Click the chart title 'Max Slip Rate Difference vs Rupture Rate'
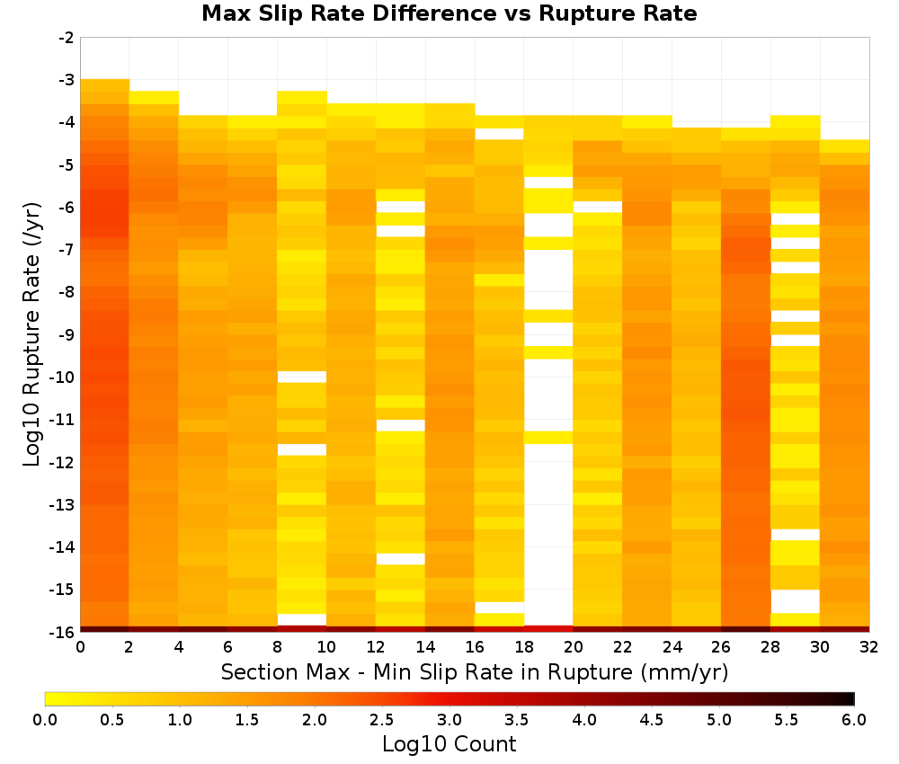(x=449, y=13)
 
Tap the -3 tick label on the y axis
(x=67, y=80)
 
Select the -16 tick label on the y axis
(x=63, y=632)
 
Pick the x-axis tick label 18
(x=524, y=647)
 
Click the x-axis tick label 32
(x=869, y=647)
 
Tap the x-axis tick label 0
(x=80, y=647)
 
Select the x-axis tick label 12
(x=376, y=647)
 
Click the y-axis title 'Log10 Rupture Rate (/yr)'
(x=32, y=334)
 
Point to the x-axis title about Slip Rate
(x=475, y=672)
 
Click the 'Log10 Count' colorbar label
(x=449, y=744)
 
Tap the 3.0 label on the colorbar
(x=449, y=719)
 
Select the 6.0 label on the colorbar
(x=854, y=719)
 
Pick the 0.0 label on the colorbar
(x=45, y=719)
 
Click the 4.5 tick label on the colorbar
(x=652, y=719)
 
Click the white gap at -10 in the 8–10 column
(x=302, y=377)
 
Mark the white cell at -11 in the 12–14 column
(x=401, y=425)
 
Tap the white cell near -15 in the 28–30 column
(x=796, y=601)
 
